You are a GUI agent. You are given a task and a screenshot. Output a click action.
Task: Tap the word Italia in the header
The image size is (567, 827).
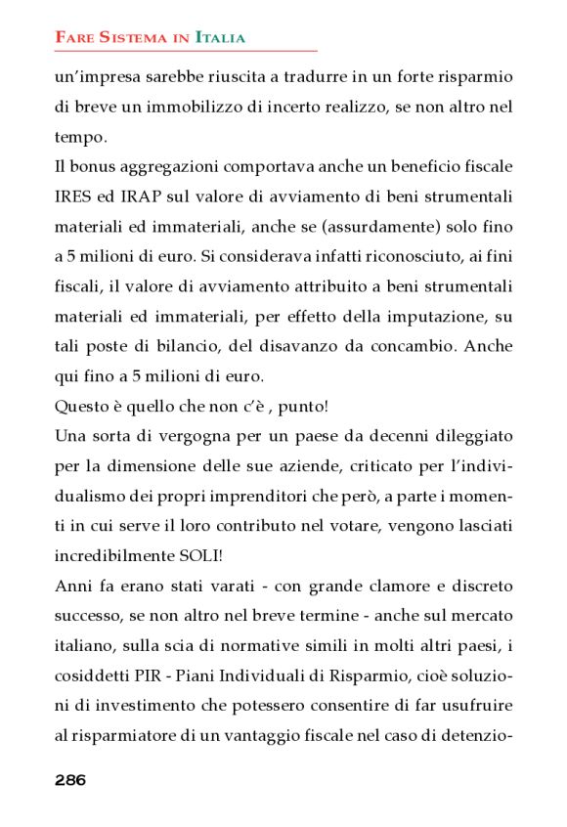tap(220, 38)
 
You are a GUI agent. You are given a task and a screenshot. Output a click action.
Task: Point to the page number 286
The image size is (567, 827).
tap(70, 779)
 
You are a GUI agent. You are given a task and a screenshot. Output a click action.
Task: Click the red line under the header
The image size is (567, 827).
tap(186, 51)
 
